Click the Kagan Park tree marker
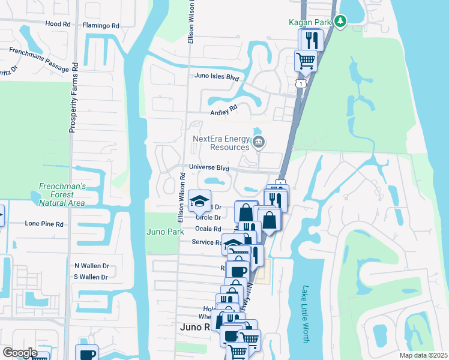click(x=340, y=22)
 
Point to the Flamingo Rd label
click(x=101, y=26)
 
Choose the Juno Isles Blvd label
click(x=217, y=77)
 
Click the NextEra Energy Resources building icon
click(x=259, y=142)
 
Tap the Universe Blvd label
click(x=209, y=168)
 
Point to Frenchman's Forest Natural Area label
click(x=61, y=194)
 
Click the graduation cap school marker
click(x=199, y=201)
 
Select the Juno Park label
click(x=164, y=232)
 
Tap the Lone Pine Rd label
click(x=44, y=223)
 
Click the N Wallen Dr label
click(x=91, y=265)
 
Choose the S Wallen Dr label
click(x=91, y=277)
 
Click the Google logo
click(x=20, y=352)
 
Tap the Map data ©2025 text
click(x=423, y=355)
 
